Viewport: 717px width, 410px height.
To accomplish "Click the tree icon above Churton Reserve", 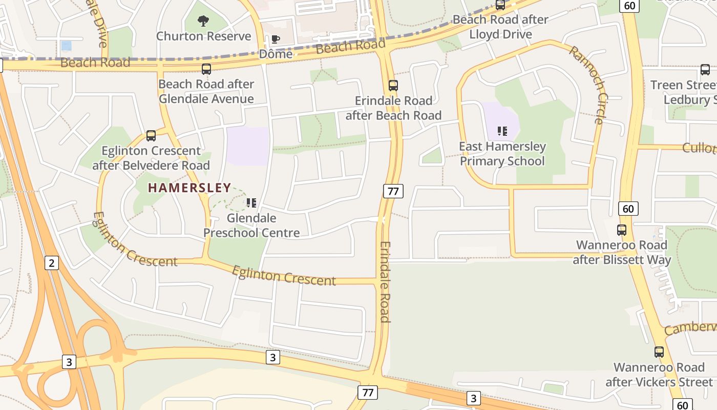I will coord(204,21).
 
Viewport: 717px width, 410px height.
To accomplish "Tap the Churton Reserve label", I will coord(203,36).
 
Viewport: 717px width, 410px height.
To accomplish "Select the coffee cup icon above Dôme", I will coord(276,39).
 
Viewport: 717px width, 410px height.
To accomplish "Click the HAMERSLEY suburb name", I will coord(189,188).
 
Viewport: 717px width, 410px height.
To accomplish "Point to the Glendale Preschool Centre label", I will coord(251,225).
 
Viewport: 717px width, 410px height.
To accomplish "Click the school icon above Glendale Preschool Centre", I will coord(251,203).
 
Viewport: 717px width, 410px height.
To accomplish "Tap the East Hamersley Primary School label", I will coord(502,154).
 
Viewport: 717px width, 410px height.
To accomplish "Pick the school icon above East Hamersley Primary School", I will coord(502,131).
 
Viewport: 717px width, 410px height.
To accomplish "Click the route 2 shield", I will coord(51,263).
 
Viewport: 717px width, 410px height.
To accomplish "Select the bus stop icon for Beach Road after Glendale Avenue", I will coord(206,69).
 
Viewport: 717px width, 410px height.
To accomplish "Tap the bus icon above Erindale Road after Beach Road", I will coord(393,86).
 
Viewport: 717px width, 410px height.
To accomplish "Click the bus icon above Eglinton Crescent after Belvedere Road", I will coord(151,136).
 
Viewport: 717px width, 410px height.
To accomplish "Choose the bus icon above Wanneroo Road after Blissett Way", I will coord(622,230).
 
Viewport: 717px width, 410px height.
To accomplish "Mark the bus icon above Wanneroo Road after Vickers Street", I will coord(659,352).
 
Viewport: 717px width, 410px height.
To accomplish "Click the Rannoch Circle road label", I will coord(587,85).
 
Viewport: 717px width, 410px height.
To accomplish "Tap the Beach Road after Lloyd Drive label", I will coord(500,27).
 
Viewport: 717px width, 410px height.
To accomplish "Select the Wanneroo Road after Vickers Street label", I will coord(659,375).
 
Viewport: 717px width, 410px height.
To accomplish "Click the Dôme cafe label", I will coord(276,54).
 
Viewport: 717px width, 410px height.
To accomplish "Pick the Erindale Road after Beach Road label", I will coord(393,108).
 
